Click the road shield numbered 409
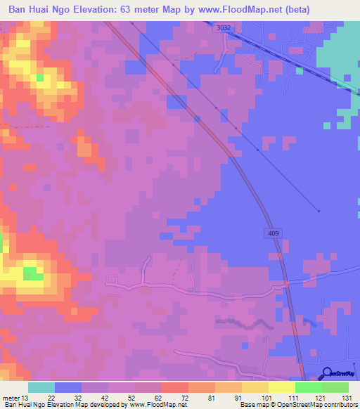point(273,233)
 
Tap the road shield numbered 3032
point(224,28)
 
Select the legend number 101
point(267,397)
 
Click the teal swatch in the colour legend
point(41,387)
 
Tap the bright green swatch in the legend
point(309,387)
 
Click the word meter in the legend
point(11,397)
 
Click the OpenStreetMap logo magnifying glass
point(327,373)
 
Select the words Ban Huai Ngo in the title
point(39,9)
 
